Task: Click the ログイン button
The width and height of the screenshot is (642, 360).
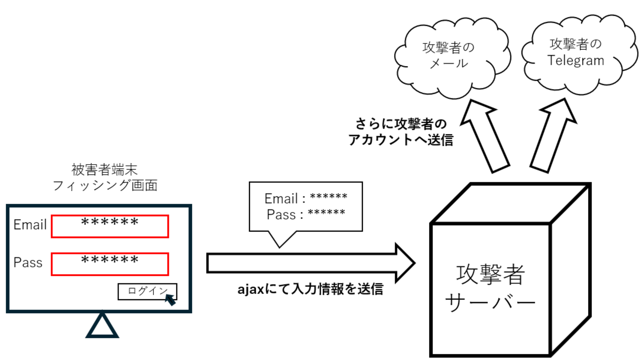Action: [x=143, y=291]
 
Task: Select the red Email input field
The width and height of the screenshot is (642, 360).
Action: [x=110, y=226]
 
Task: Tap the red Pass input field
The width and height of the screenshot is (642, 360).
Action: [x=110, y=264]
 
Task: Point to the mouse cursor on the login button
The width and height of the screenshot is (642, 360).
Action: [x=170, y=299]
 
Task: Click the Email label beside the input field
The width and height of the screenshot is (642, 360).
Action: [x=30, y=225]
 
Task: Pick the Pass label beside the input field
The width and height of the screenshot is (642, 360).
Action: [x=28, y=262]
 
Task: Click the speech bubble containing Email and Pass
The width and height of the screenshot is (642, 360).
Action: [x=306, y=206]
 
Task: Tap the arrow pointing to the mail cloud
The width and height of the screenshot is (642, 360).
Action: [x=484, y=135]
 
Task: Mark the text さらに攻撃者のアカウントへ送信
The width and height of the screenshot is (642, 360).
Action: [x=401, y=131]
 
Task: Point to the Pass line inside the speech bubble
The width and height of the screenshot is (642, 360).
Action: [x=306, y=214]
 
